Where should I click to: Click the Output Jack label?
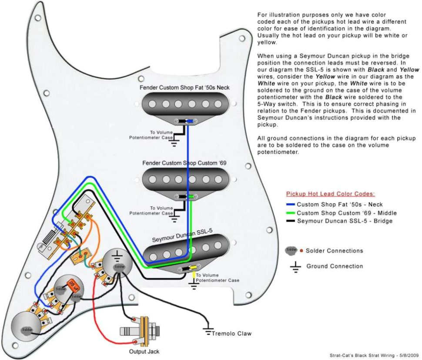coord(144,351)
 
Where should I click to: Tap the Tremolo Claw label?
coord(231,333)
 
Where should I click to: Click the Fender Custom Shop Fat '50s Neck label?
coord(184,87)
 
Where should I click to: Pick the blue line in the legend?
coord(291,204)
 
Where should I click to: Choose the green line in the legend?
coord(291,213)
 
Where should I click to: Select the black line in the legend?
coord(291,221)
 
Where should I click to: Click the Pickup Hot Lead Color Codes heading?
coord(330,194)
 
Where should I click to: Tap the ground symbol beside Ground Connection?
coord(296,266)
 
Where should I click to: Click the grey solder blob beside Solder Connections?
coord(292,250)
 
